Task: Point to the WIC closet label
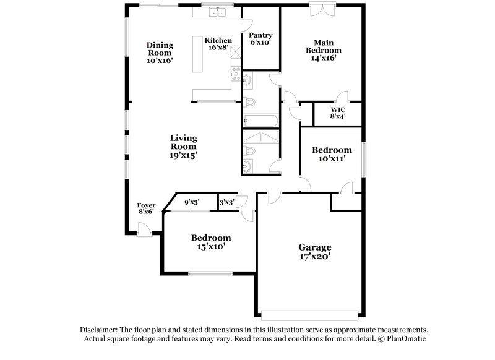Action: [337, 109]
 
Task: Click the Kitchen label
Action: [218, 41]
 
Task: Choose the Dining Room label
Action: [160, 49]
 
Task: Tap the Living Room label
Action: [184, 142]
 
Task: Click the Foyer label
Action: [146, 205]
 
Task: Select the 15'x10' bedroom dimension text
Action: [211, 246]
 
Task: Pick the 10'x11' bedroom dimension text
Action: [331, 158]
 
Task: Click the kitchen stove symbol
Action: [236, 75]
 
